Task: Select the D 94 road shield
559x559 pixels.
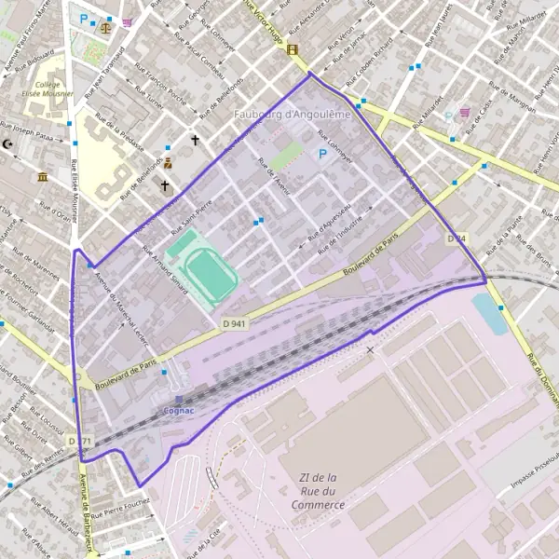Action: tap(456, 239)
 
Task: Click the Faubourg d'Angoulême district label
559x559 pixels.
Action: tap(291, 115)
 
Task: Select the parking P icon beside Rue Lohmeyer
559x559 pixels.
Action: tap(323, 154)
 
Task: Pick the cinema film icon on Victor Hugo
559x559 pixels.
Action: tap(293, 49)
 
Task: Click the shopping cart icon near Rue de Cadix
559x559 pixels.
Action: tap(463, 113)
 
